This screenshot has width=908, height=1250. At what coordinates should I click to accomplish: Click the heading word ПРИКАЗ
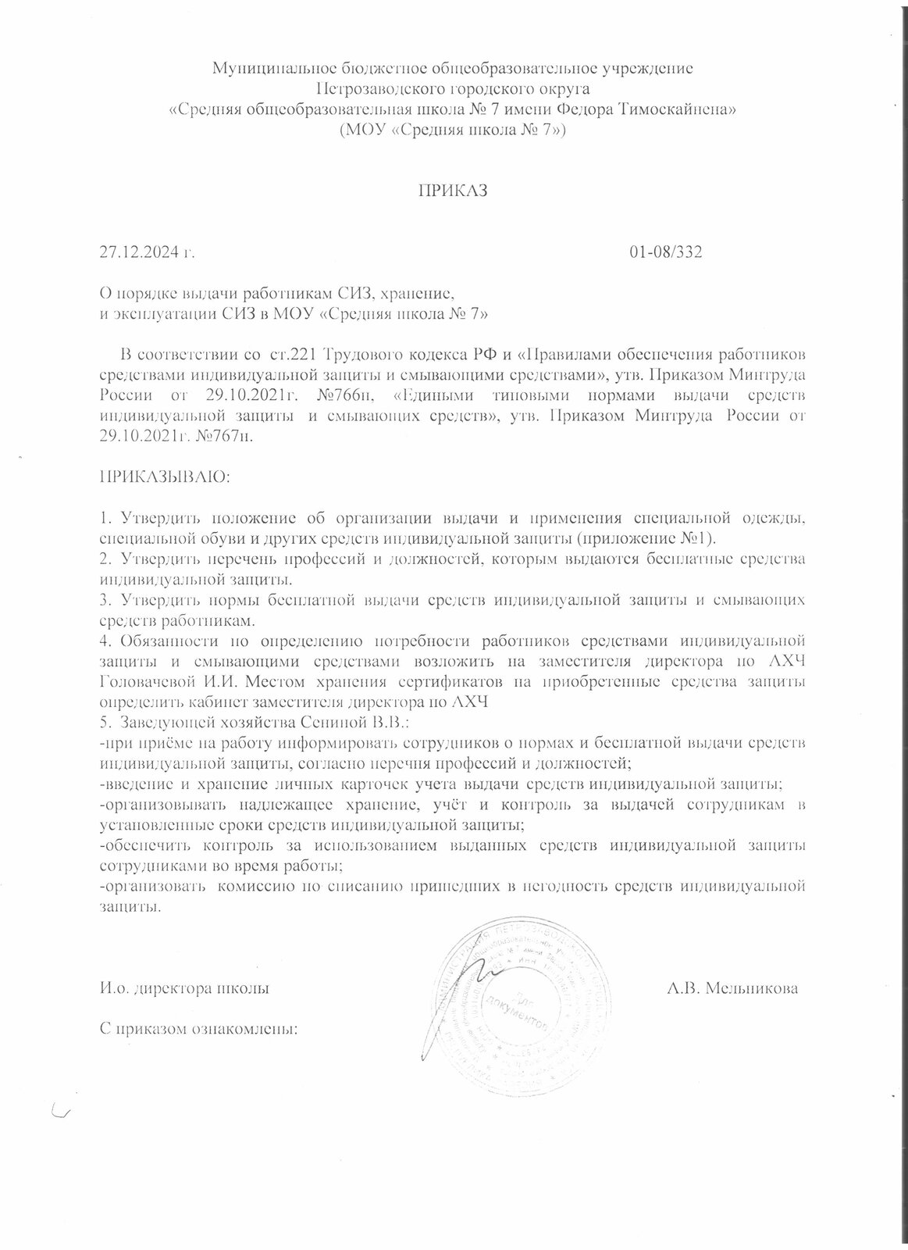(x=454, y=191)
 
